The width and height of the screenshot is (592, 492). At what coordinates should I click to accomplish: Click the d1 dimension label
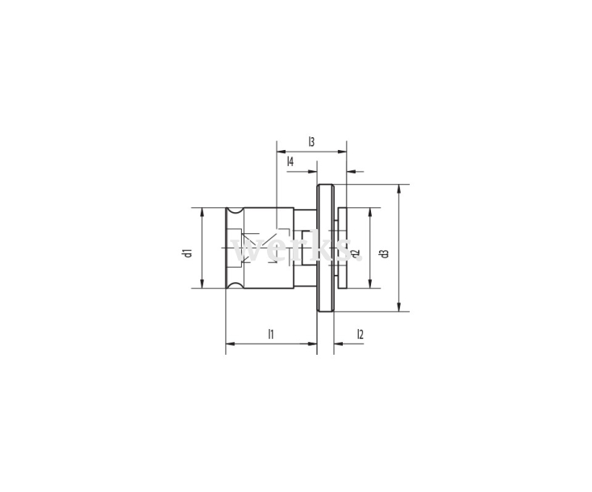click(186, 252)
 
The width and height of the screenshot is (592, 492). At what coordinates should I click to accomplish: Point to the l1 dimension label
click(272, 333)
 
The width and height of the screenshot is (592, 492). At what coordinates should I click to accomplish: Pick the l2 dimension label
click(360, 333)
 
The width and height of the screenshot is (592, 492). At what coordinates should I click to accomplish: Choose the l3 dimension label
click(311, 141)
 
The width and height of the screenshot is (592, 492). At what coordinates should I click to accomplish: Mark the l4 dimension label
click(290, 162)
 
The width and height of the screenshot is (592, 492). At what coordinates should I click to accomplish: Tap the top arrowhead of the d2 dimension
click(370, 212)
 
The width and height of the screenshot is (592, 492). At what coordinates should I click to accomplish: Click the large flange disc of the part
click(325, 248)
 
